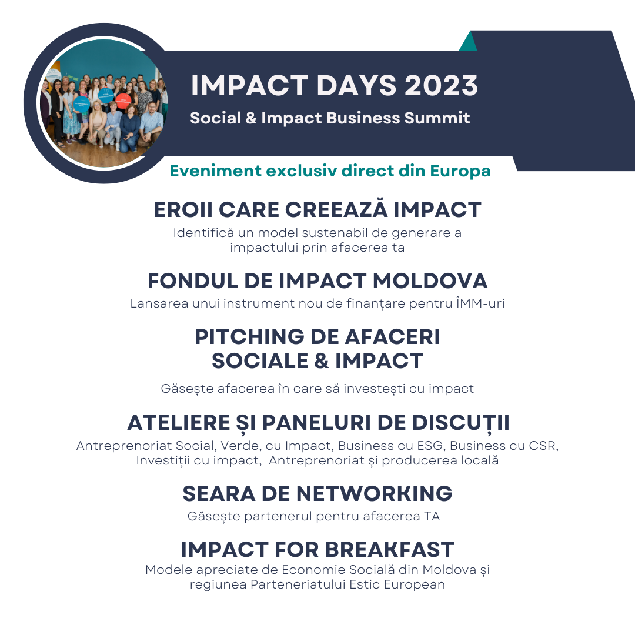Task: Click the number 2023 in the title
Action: click(442, 85)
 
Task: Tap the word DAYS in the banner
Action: click(356, 85)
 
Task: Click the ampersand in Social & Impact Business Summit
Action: click(251, 118)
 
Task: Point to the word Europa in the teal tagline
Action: click(460, 172)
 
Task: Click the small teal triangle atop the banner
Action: click(468, 41)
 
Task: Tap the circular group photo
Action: click(103, 103)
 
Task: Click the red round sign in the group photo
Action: click(123, 100)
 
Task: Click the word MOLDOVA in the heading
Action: click(430, 281)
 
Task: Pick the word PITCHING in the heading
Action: click(250, 337)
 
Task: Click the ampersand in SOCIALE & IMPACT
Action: click(321, 361)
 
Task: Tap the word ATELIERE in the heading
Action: click(179, 423)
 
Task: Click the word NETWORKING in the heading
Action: click(375, 494)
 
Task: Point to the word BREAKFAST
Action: click(389, 550)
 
